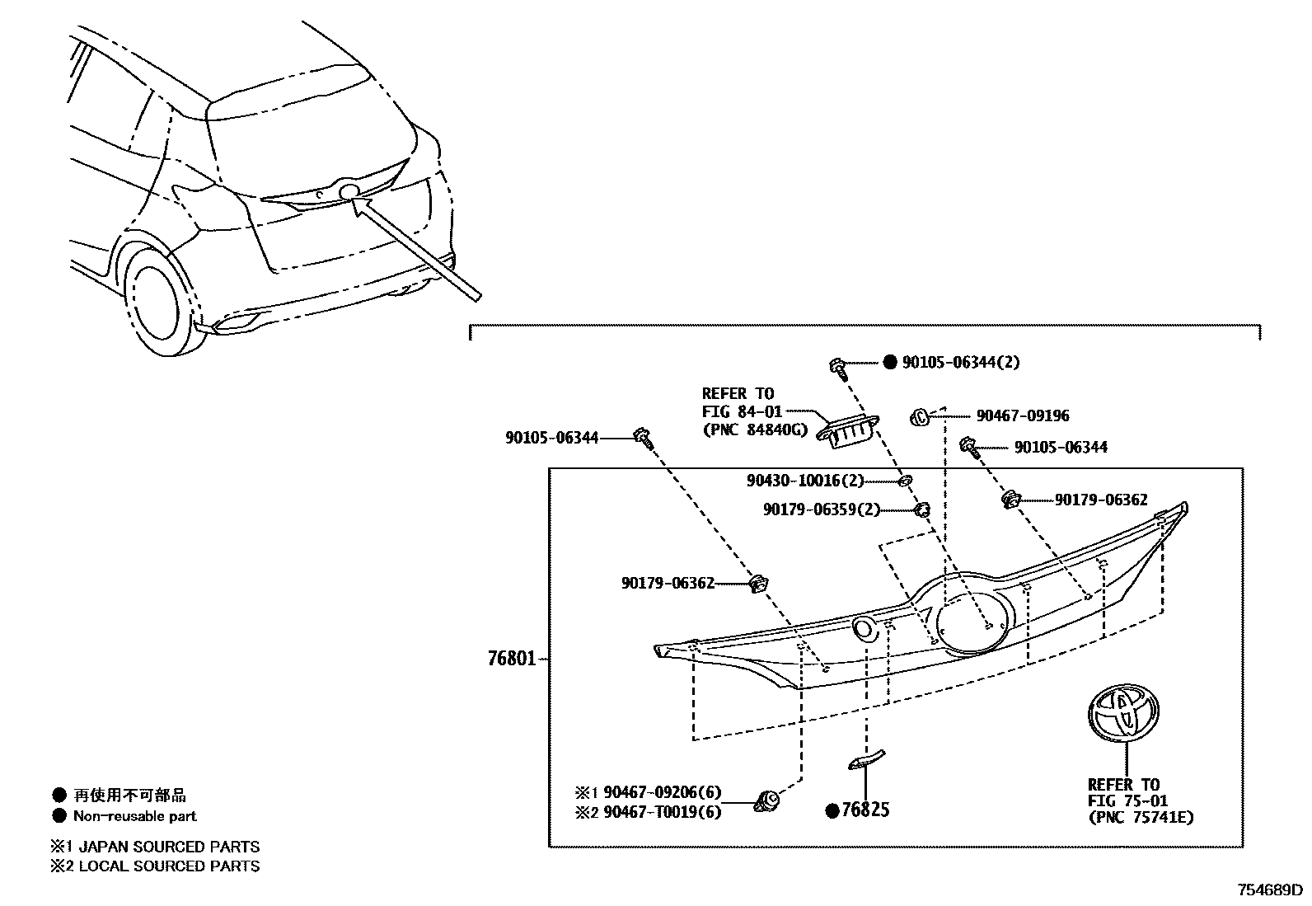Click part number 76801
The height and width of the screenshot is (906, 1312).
pos(512,659)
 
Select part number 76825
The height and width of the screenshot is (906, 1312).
pos(865,810)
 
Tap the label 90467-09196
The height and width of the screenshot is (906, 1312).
pos(1023,416)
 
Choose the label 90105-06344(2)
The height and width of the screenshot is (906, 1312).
pos(961,363)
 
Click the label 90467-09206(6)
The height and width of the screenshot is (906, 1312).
pos(662,792)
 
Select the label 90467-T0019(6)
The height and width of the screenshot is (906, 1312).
pos(662,812)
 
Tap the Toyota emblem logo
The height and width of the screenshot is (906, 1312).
pos(1123,713)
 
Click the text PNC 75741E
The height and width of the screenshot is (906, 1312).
pos(1141,818)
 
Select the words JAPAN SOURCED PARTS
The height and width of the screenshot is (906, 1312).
pos(169,847)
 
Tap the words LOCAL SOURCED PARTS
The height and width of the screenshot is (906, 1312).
pos(169,866)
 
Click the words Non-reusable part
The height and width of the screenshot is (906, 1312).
pos(135,816)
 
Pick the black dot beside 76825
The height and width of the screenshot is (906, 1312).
pos(832,811)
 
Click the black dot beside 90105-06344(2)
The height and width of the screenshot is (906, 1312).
pos(890,363)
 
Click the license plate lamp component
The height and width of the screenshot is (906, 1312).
pos(847,431)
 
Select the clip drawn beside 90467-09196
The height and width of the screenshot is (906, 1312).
pos(920,417)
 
